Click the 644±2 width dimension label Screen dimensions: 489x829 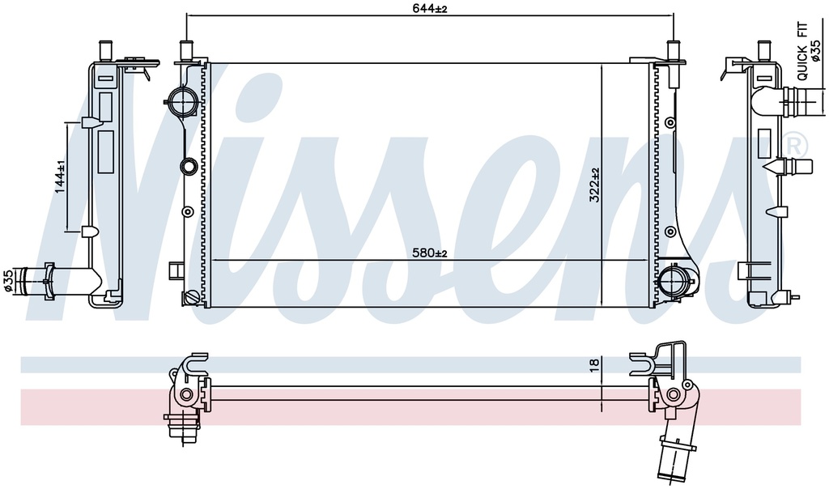(x=430, y=8)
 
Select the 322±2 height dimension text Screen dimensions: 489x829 (x=595, y=185)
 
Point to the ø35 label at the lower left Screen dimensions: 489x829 (x=8, y=279)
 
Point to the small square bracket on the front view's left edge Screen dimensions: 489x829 (x=174, y=270)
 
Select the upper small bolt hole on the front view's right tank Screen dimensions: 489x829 (x=670, y=122)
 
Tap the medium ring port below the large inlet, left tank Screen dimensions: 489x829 (x=189, y=167)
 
